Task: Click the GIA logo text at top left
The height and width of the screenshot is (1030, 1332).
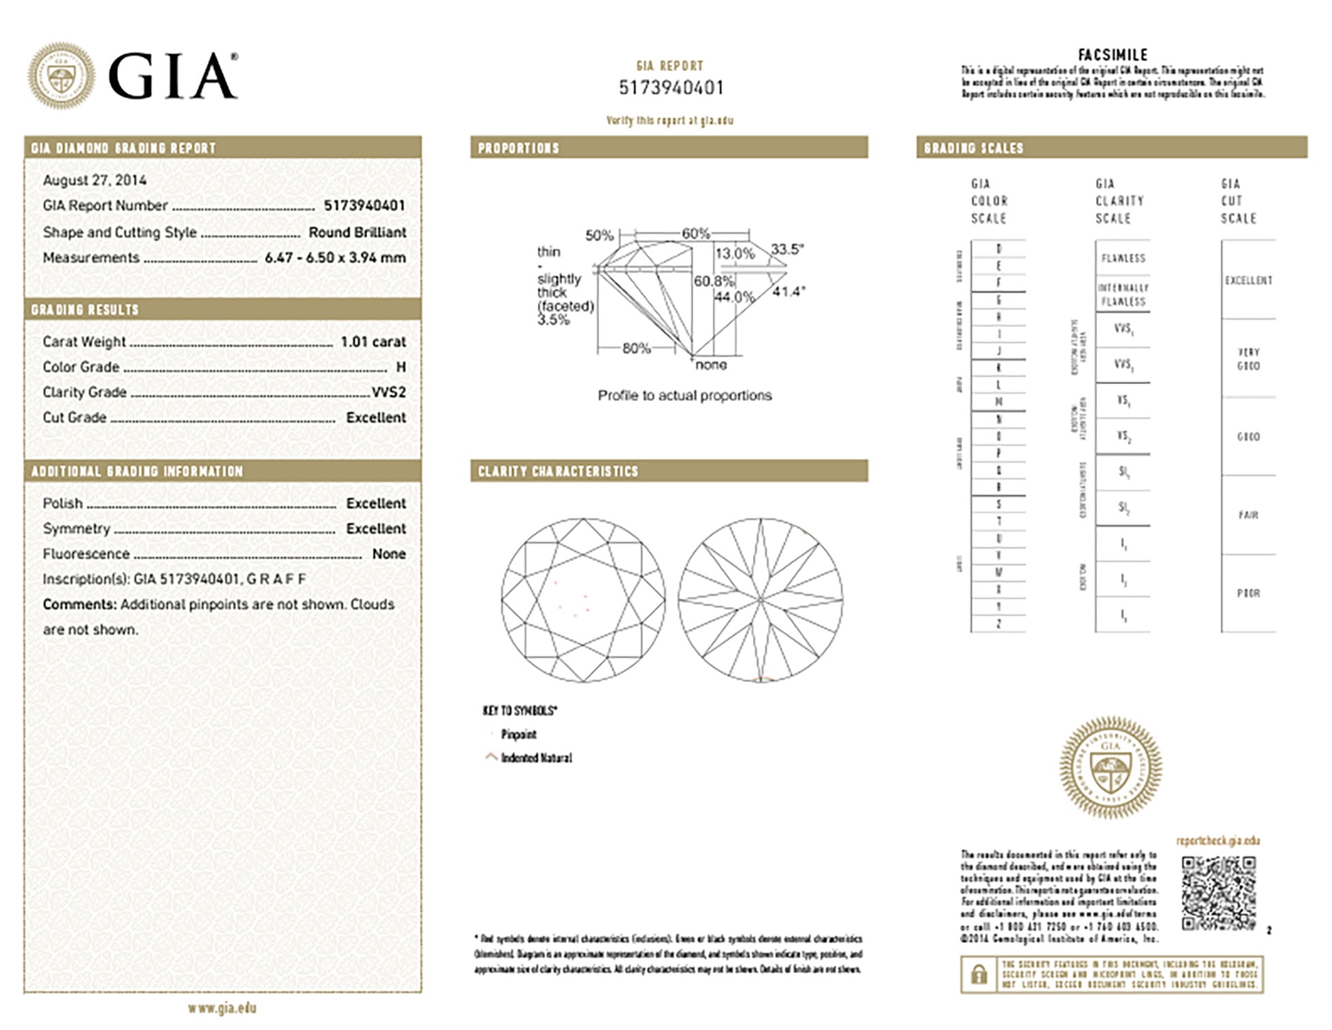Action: click(x=173, y=76)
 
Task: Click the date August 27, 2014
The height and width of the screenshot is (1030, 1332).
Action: click(x=95, y=180)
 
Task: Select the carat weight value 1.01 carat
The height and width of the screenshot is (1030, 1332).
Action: click(x=373, y=341)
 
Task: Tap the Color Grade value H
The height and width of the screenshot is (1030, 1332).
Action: click(x=401, y=367)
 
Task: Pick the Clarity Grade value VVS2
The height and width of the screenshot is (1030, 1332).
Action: click(x=388, y=392)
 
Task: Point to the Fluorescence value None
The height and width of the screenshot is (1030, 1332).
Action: click(x=388, y=553)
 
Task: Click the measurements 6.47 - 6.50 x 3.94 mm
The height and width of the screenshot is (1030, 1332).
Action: click(x=335, y=257)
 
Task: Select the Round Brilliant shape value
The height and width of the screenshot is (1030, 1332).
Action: click(x=357, y=232)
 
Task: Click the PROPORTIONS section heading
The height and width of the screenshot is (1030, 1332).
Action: click(x=519, y=148)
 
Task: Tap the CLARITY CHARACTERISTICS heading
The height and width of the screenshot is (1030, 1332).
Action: click(x=558, y=471)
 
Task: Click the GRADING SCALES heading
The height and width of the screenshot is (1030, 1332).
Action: click(x=973, y=148)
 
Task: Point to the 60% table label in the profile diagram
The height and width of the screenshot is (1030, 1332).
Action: click(x=695, y=233)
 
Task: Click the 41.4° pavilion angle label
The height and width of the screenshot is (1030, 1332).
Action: click(x=788, y=292)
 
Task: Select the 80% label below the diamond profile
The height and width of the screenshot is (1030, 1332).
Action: click(x=636, y=348)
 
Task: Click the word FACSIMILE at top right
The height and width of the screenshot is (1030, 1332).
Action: click(x=1112, y=55)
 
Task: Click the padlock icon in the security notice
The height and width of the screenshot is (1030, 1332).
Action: click(x=979, y=974)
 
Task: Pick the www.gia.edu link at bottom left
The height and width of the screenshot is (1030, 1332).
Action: click(x=222, y=1008)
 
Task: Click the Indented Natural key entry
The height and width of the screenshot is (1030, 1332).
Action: click(x=536, y=758)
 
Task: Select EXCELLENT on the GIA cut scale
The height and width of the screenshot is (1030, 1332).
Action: click(x=1248, y=280)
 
